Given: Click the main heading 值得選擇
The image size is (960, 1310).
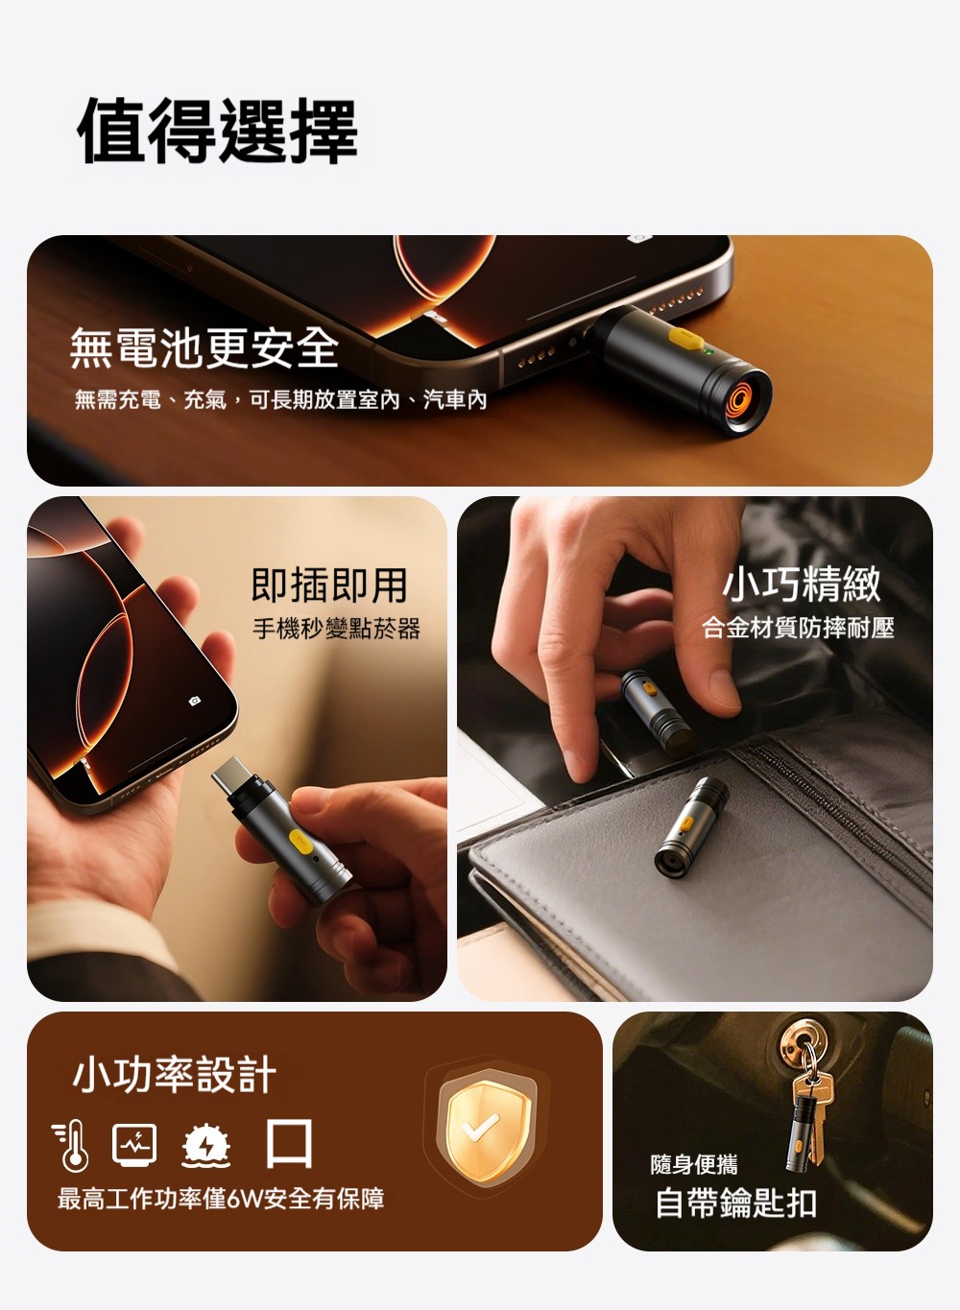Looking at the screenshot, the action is pos(218,131).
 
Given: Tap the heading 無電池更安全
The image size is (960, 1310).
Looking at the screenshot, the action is pos(204,348).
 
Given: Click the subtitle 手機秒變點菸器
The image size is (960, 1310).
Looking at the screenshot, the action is pos(336,630).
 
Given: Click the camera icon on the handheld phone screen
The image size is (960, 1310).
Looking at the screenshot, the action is pos(194,701).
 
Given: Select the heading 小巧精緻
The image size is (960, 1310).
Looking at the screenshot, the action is pos(802,584).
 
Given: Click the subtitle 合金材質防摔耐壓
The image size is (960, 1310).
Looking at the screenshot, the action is pos(798,628).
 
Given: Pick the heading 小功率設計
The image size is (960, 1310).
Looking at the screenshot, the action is pos(175,1074).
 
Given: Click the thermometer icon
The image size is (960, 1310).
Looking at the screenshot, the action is pos(71,1146).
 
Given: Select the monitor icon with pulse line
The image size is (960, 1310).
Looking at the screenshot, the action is pos(134,1144).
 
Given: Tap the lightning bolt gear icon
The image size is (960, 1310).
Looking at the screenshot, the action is pos(205,1146).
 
